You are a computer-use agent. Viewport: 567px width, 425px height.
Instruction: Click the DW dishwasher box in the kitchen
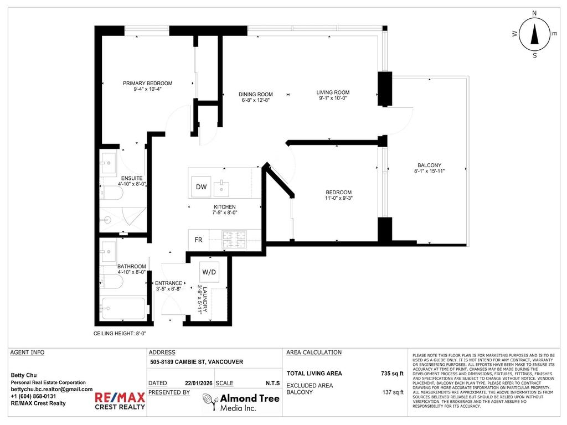coord(201,187)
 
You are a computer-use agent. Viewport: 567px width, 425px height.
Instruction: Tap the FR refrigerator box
coord(198,240)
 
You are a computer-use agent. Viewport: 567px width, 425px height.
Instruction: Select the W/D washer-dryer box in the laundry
coord(209,272)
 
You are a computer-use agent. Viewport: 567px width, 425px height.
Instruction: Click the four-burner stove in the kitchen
coord(233,239)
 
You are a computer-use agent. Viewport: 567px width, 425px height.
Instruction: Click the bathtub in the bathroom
coord(123,308)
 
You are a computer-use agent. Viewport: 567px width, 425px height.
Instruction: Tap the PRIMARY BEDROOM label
coord(147,84)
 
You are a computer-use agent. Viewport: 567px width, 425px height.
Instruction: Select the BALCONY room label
coord(429,165)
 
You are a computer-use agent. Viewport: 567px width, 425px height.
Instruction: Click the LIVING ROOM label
coord(333,92)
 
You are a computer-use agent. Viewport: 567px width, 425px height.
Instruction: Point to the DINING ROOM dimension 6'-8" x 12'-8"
coord(255,101)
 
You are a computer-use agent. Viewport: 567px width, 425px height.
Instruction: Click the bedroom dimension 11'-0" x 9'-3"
coord(338,198)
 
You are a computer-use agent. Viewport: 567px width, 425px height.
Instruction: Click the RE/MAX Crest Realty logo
coord(120,401)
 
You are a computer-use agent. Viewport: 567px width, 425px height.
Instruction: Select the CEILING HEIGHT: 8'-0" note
coord(120,334)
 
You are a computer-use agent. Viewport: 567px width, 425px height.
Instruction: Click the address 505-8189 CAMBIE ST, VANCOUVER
coord(197,362)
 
